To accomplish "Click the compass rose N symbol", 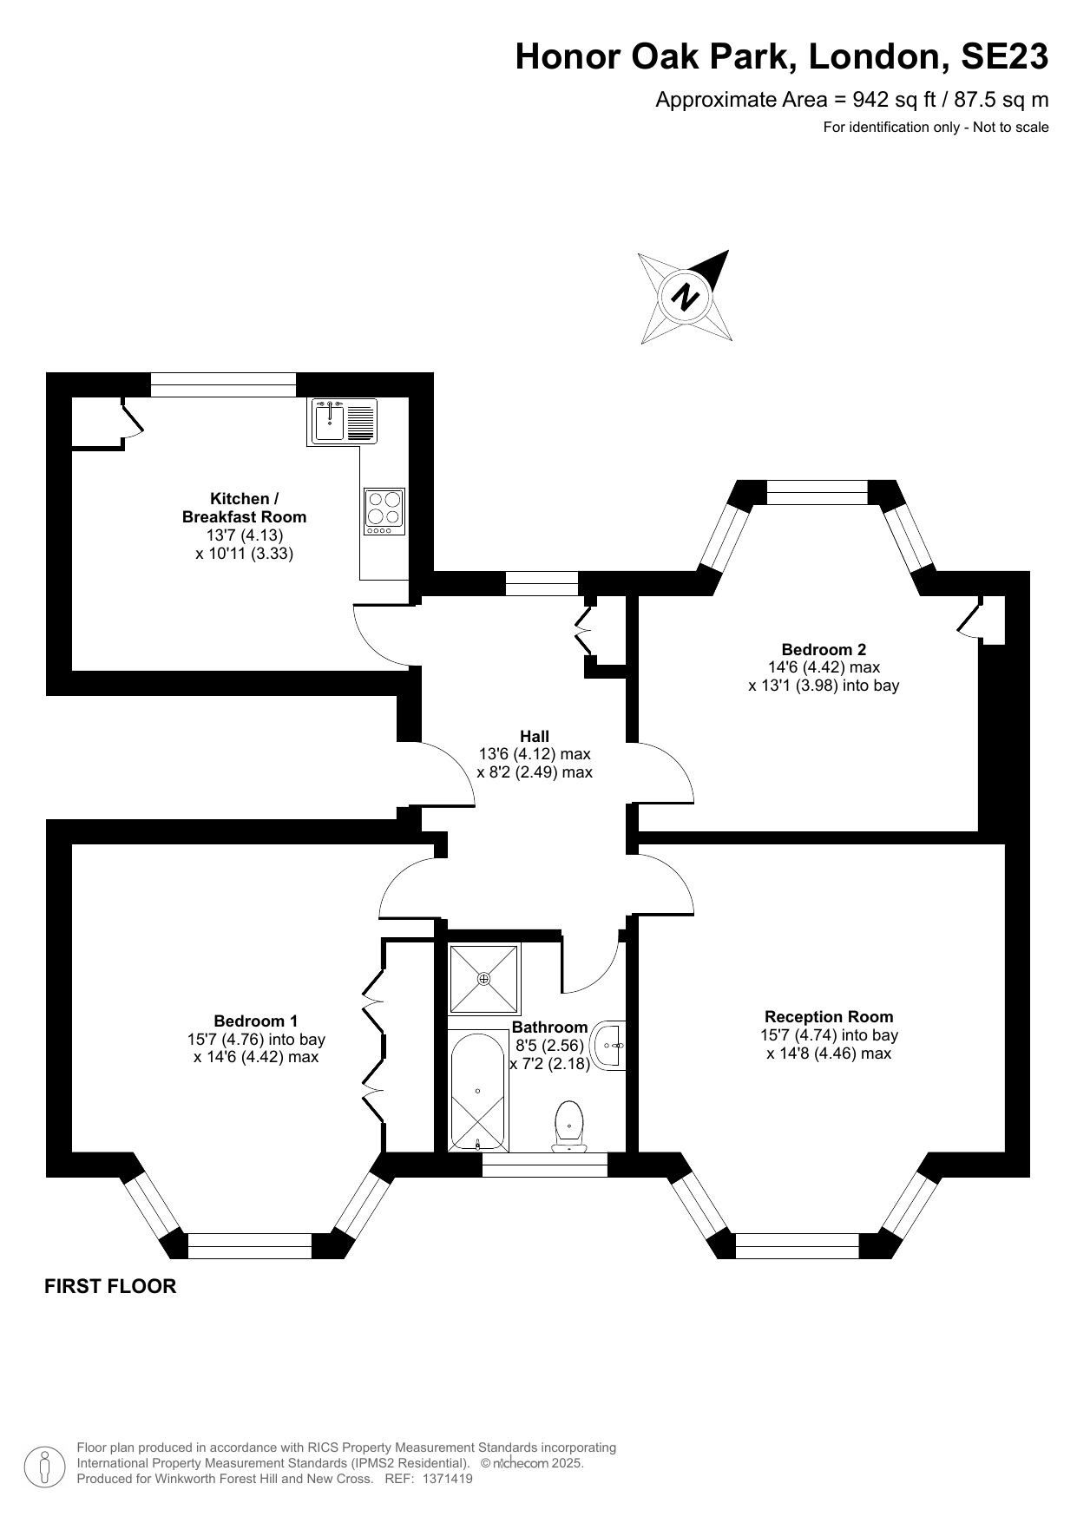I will click(686, 297).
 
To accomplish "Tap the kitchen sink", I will click(331, 422).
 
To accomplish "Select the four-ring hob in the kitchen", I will click(384, 510).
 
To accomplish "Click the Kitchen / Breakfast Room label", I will click(244, 508).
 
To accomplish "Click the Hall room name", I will click(535, 736).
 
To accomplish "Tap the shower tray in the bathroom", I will click(483, 979).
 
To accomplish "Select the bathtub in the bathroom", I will click(477, 1091).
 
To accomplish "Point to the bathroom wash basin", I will click(609, 1045).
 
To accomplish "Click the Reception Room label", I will click(829, 1016).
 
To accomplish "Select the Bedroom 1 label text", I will click(256, 1021).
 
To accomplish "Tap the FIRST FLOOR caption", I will click(110, 1286).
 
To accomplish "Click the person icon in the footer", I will click(44, 1465).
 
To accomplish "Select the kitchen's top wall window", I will click(223, 384).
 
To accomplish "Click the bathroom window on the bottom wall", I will click(544, 1165).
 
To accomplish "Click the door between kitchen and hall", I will click(382, 638).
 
